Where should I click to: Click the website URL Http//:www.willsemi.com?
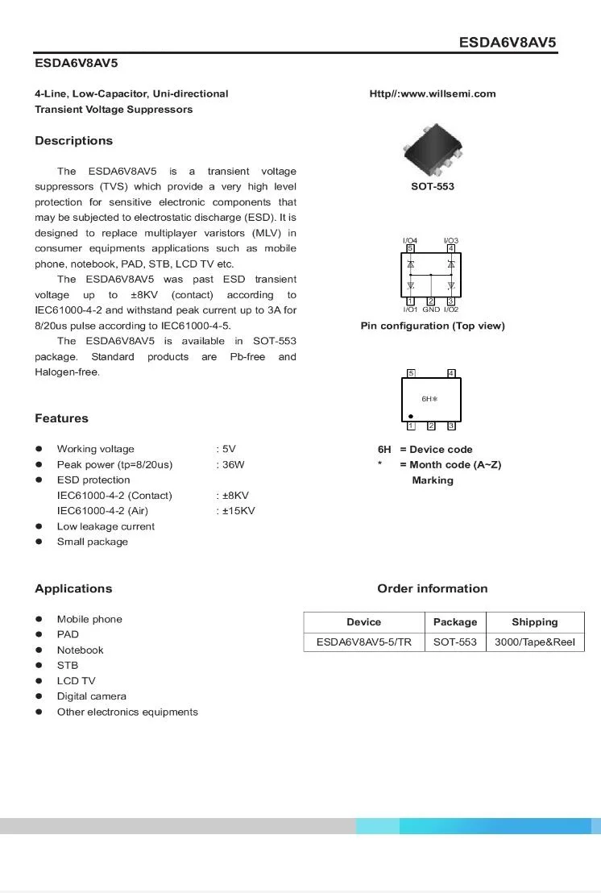point(433,93)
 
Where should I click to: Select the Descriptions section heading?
point(73,141)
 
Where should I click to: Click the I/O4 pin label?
point(410,241)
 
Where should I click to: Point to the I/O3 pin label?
point(451,241)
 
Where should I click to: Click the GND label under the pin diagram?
point(431,309)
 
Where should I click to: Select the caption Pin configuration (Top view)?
point(433,326)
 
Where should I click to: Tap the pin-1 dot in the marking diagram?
point(410,417)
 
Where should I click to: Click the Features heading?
point(61,418)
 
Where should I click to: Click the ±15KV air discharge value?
point(236,511)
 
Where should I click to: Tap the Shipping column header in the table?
point(534,622)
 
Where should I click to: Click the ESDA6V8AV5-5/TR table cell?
point(363,642)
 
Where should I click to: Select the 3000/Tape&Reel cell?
point(534,642)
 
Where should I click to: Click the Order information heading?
point(432,589)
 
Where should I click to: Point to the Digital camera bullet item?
point(91,696)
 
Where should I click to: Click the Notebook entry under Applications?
point(80,650)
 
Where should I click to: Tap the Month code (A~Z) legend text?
point(454,465)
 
